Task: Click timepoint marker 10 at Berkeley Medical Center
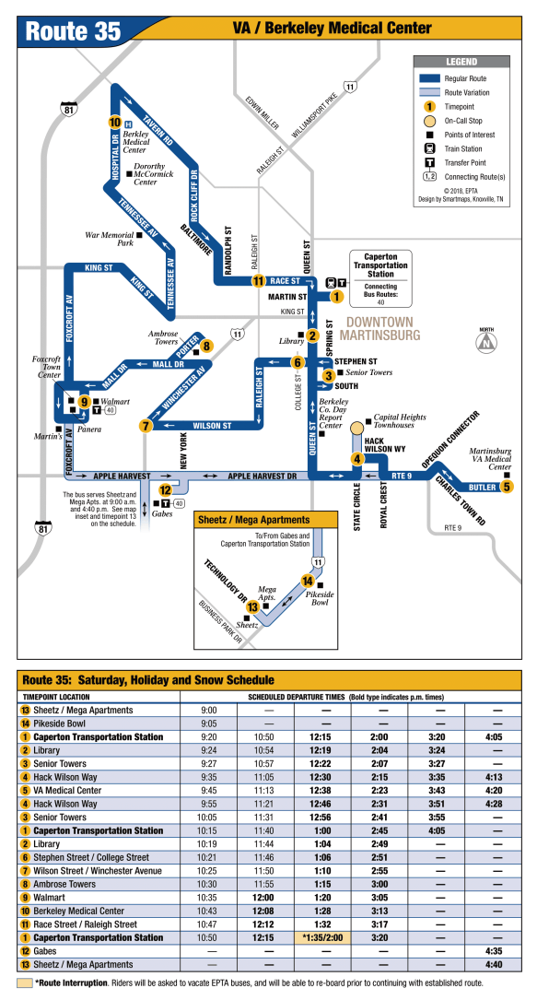coord(114,123)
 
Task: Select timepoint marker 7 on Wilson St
coord(146,426)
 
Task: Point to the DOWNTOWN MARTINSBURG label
coord(380,328)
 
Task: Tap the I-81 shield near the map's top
coord(69,109)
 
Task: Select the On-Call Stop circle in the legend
coord(430,121)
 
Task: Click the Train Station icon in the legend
coord(430,148)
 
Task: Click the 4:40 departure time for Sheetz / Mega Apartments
coord(493,964)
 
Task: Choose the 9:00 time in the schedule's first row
coord(209,710)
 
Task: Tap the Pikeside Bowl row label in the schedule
coord(59,724)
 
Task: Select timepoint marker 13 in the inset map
coord(253,607)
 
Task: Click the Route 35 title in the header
coord(74,30)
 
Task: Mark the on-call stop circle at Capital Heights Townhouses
coord(357,427)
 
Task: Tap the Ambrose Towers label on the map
coord(163,337)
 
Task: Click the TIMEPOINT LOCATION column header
coord(56,697)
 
